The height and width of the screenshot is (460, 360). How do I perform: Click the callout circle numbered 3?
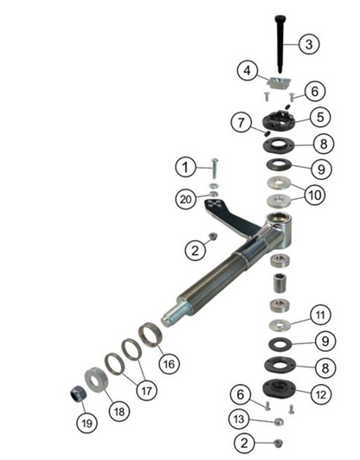[x=310, y=44]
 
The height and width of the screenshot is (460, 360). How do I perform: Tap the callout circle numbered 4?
[x=247, y=69]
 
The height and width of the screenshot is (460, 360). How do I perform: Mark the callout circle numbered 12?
[x=319, y=393]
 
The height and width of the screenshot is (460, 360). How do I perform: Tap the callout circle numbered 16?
[x=170, y=364]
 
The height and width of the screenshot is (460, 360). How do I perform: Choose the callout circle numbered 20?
[x=185, y=198]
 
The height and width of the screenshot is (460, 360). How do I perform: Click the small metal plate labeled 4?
[x=278, y=84]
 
